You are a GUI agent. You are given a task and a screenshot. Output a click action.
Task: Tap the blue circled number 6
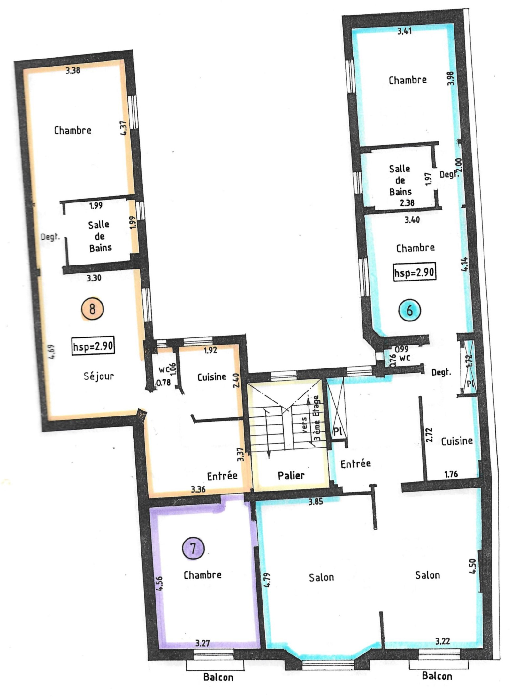410,310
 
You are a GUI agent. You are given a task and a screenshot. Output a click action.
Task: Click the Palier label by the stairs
291,475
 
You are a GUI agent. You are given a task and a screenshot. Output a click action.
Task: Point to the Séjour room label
99,376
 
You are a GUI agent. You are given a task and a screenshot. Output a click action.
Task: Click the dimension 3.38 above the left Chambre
73,70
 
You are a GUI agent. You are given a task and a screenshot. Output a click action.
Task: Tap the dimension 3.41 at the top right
404,31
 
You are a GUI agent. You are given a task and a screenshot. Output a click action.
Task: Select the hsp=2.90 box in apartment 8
93,346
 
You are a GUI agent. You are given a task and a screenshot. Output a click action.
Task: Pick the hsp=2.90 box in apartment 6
414,272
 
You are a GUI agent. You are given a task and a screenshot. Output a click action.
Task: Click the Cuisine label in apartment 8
212,377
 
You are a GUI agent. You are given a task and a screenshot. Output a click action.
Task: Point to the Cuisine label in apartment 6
457,441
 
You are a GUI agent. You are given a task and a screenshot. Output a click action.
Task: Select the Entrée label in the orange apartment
222,476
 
